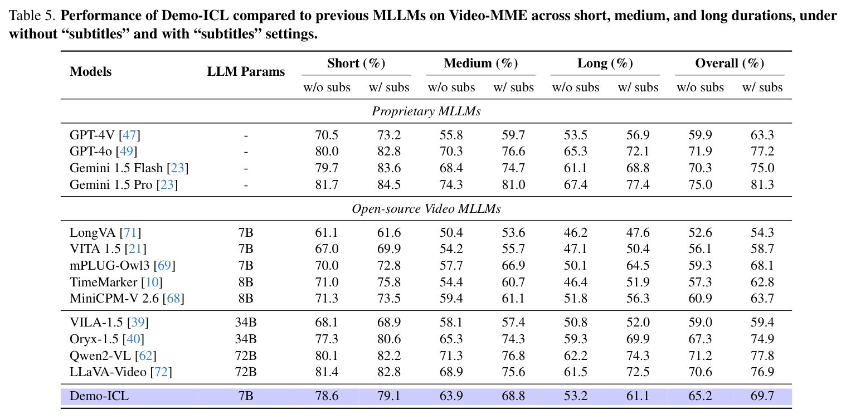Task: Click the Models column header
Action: (91, 71)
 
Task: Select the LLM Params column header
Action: (246, 71)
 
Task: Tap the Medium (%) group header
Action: (481, 63)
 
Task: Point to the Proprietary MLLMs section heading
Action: (426, 111)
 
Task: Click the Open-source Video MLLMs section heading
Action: (426, 209)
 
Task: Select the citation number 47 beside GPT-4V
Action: (129, 135)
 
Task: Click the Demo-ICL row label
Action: (99, 396)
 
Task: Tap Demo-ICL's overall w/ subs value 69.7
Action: (762, 396)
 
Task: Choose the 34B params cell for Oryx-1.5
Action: (246, 339)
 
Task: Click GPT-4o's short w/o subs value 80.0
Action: (327, 152)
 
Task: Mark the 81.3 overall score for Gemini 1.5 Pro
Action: (762, 184)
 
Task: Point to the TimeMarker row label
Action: (116, 282)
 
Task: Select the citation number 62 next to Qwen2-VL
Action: (146, 355)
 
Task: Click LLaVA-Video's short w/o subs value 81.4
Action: (327, 372)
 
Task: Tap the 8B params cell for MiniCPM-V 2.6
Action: (246, 298)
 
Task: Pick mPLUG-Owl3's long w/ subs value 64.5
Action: (638, 265)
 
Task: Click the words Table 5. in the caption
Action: (32, 16)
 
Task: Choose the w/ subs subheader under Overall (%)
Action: (762, 87)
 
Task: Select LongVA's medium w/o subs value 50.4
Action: (451, 232)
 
